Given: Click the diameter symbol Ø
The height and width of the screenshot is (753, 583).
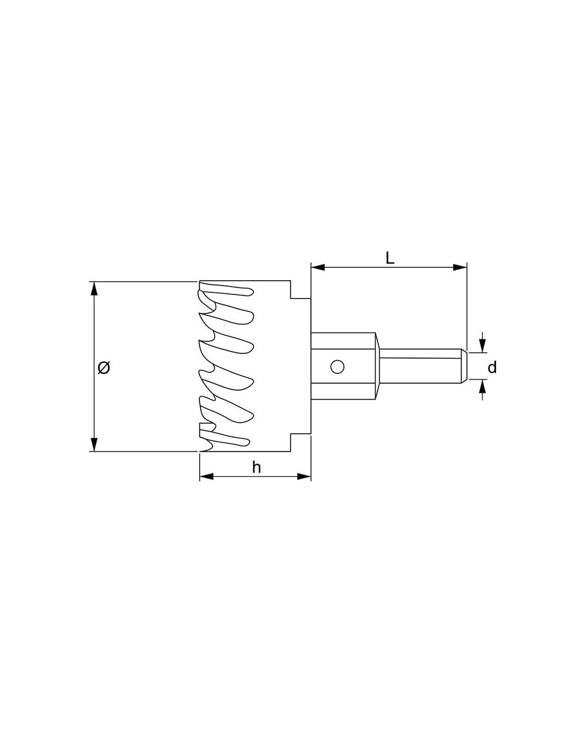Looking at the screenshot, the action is coord(104,367).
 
